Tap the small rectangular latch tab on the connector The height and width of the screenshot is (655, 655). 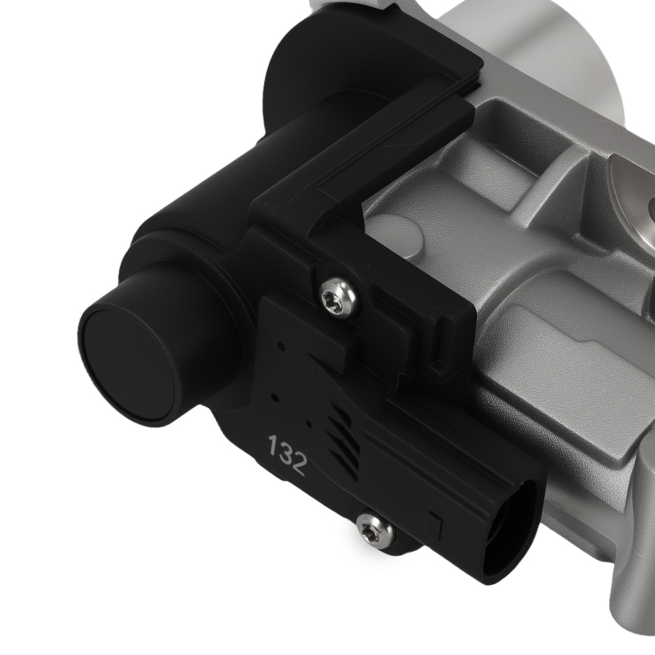[433, 523]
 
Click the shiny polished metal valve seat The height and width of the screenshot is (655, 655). [632, 190]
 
